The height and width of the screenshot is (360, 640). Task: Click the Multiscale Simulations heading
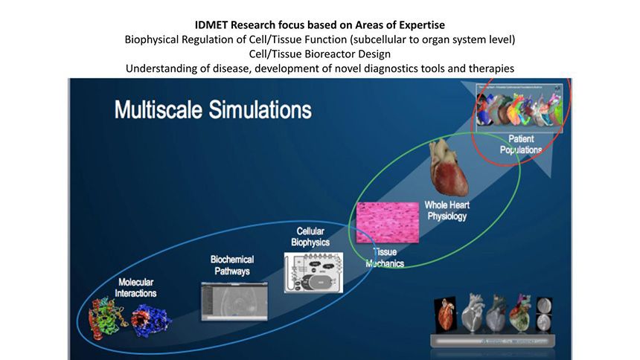[212, 110]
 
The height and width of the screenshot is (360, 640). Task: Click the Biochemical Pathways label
[231, 265]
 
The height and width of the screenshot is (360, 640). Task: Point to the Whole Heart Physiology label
[447, 210]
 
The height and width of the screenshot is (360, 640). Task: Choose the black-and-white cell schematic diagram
[313, 271]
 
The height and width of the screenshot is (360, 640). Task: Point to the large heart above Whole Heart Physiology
[449, 168]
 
